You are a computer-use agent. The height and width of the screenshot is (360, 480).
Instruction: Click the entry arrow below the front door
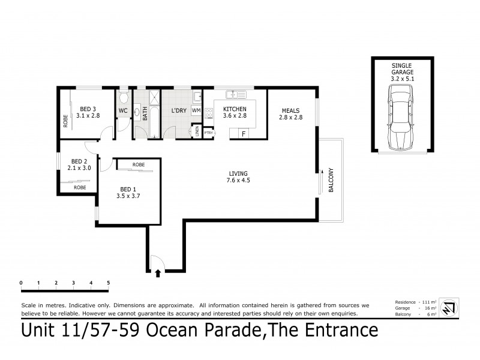click(x=158, y=273)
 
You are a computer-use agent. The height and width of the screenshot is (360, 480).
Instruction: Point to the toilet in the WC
click(x=124, y=98)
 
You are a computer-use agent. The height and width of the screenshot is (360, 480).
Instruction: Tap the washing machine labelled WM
click(x=196, y=111)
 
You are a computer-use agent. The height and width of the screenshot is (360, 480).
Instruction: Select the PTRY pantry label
click(x=209, y=133)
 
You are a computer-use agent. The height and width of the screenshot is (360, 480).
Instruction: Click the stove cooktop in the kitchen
click(x=209, y=113)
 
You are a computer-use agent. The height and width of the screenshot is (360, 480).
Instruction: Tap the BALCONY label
click(x=331, y=180)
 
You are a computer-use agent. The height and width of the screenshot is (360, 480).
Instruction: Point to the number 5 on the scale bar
click(x=108, y=282)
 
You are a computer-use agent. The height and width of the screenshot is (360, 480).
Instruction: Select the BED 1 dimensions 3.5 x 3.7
click(x=130, y=195)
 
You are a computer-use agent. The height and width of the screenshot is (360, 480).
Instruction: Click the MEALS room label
click(x=289, y=110)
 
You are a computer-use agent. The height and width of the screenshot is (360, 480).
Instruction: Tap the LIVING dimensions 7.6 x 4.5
click(x=238, y=180)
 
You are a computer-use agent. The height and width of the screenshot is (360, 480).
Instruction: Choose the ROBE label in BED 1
click(x=138, y=164)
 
